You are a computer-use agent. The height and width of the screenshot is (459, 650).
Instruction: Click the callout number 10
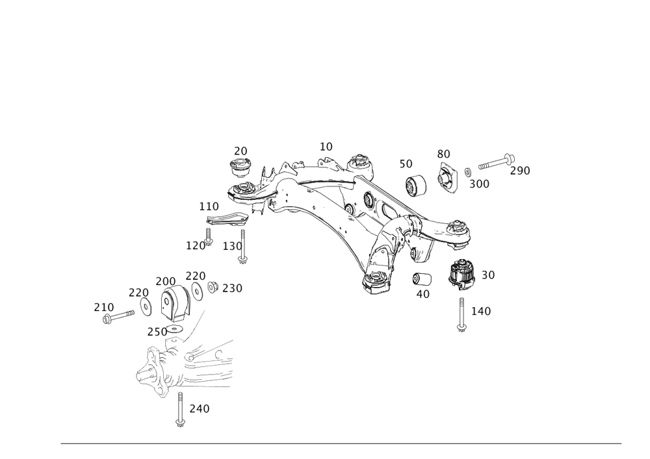[326, 145]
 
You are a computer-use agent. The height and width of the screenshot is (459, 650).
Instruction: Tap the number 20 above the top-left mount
[241, 151]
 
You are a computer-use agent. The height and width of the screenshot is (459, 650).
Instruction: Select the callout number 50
[406, 164]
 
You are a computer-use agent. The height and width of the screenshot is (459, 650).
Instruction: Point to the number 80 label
[444, 154]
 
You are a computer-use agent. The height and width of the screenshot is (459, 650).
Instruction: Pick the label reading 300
[479, 184]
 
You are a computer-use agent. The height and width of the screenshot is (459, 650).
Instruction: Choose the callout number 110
[209, 206]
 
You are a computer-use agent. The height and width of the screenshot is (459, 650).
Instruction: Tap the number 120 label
[197, 245]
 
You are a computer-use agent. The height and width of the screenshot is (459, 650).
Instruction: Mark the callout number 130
[232, 246]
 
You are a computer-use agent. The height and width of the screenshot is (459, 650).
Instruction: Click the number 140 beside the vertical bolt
[481, 312]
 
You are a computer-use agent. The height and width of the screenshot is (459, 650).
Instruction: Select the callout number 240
[198, 409]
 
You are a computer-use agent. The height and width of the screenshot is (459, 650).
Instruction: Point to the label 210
[104, 306]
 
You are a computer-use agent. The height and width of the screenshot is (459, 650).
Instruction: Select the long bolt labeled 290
[494, 162]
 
